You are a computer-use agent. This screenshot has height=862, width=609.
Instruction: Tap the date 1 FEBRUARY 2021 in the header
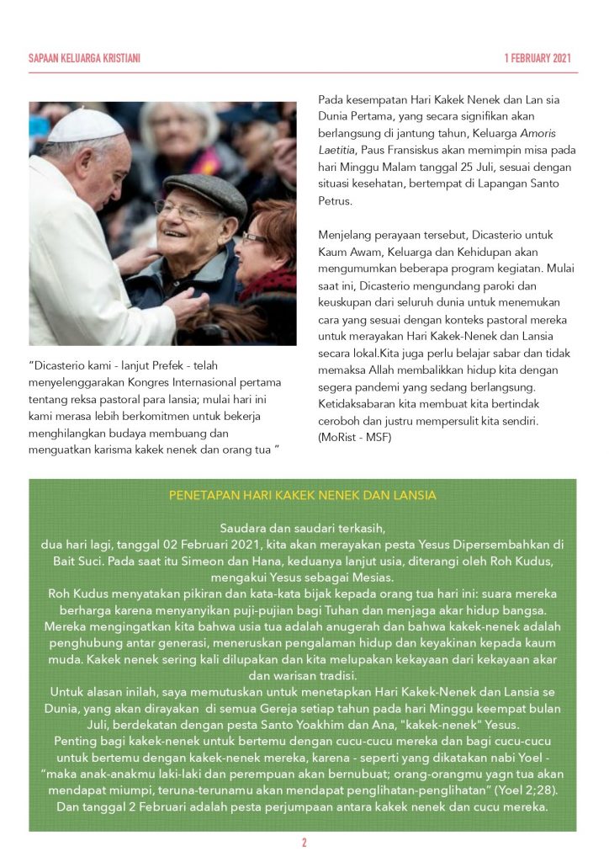pyautogui.click(x=538, y=58)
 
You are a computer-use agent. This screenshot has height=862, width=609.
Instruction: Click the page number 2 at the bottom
pyautogui.click(x=304, y=842)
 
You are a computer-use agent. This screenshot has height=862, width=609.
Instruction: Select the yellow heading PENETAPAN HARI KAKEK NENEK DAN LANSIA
pyautogui.click(x=303, y=496)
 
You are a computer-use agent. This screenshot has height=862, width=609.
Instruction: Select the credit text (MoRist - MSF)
pyautogui.click(x=354, y=437)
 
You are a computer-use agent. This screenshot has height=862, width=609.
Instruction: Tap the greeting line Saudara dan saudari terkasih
pyautogui.click(x=303, y=529)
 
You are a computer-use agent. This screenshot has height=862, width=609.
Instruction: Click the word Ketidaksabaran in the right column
pyautogui.click(x=360, y=404)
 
